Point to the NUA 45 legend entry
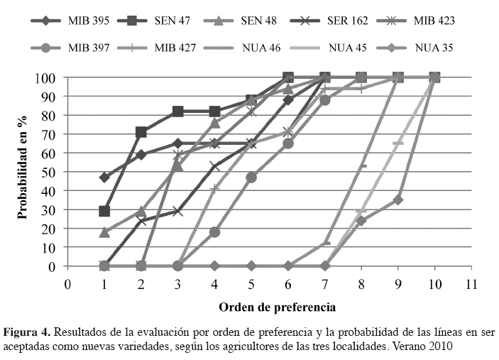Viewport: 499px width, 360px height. tap(348, 48)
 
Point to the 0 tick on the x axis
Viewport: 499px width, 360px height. tap(68, 284)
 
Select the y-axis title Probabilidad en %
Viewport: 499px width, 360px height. tap(23, 170)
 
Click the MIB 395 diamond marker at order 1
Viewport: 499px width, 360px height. tap(104, 178)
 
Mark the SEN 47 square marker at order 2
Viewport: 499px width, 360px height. tap(141, 132)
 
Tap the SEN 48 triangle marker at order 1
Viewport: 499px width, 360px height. tap(104, 232)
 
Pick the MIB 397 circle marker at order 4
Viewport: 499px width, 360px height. tap(214, 232)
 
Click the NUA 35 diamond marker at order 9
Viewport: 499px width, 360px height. tap(398, 200)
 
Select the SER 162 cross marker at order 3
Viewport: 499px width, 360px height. tap(178, 212)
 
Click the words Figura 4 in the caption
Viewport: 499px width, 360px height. tap(27, 332)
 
